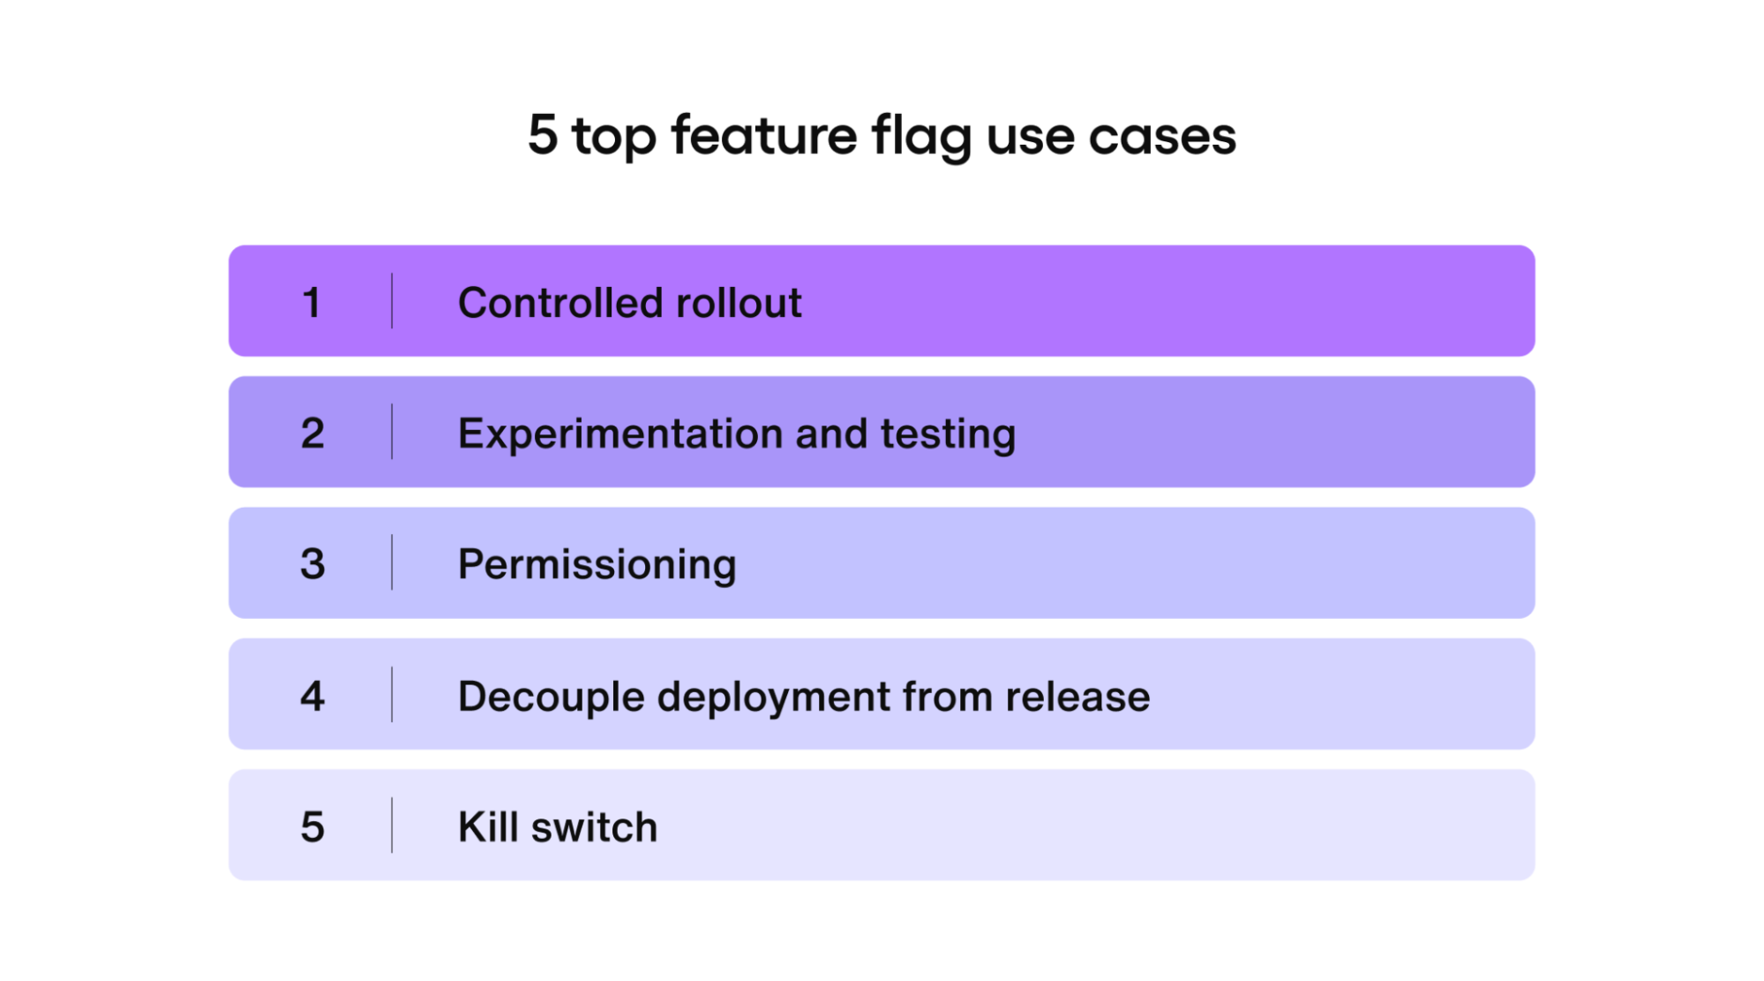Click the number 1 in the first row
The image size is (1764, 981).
point(311,303)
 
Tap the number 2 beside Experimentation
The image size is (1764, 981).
point(312,434)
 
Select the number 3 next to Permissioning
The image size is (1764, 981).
point(312,564)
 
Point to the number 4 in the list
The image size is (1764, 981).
point(312,696)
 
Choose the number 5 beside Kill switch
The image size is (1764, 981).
point(312,827)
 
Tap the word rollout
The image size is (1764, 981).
point(739,303)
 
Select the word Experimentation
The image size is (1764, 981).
point(620,434)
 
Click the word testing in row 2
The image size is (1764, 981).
point(948,434)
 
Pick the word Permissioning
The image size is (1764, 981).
point(597,564)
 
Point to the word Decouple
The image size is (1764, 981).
point(552,697)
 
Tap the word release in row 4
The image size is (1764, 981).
point(1077,697)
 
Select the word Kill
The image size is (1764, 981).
point(487,827)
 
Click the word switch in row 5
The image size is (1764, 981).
point(594,827)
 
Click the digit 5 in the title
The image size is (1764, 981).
point(543,135)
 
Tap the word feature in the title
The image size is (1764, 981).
point(763,135)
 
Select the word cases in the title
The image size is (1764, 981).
point(1162,137)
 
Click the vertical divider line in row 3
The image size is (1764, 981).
point(392,562)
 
